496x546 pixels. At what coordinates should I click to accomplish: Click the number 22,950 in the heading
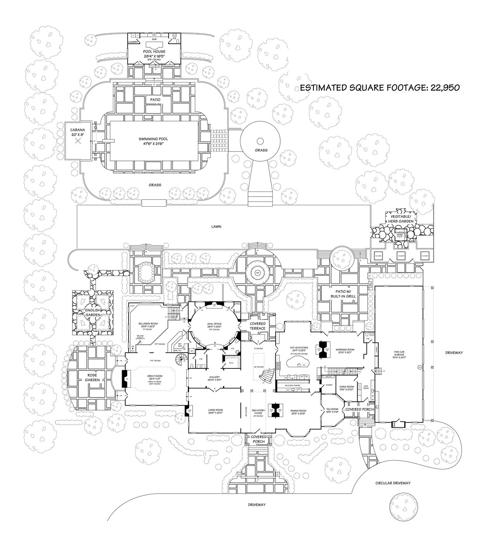443,88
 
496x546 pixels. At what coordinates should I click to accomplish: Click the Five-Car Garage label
399,352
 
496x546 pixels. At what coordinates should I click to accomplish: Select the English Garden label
93,313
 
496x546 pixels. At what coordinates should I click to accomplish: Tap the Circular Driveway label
393,483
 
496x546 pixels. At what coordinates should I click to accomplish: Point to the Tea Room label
332,409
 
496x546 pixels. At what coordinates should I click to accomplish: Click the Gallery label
214,377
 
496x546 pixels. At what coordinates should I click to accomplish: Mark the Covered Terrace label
257,326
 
